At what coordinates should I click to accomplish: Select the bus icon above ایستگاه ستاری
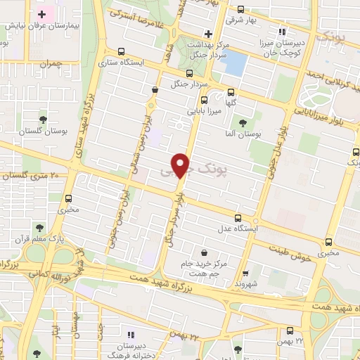click(x=122, y=51)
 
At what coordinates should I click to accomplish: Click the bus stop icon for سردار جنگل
click(x=188, y=73)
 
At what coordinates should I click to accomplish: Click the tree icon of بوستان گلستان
click(x=44, y=118)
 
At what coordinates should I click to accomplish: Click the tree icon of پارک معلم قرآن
click(x=39, y=228)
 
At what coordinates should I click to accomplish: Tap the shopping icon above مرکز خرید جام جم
click(x=204, y=252)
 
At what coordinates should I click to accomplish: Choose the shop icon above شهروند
click(x=245, y=274)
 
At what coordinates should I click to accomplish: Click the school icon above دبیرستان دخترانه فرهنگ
click(x=129, y=333)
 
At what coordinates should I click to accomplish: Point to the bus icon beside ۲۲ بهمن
click(x=290, y=331)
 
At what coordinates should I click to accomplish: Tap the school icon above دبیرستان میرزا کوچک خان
click(x=283, y=32)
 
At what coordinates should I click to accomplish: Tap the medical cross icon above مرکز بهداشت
click(x=207, y=33)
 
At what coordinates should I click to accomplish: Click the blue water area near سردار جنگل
click(x=233, y=64)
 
